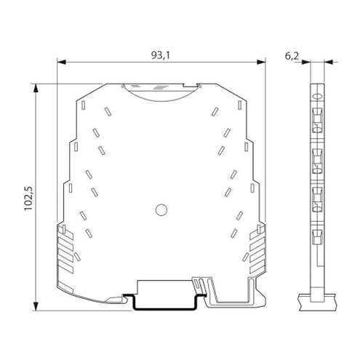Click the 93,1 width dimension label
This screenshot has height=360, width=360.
tap(161, 55)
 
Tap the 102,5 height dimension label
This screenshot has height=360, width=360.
tap(28, 199)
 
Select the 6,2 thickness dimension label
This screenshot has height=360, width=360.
tap(292, 56)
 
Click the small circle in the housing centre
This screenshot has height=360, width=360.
tap(161, 209)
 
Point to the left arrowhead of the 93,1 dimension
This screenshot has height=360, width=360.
tap(61, 63)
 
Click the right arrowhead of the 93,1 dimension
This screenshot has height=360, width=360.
tap(261, 63)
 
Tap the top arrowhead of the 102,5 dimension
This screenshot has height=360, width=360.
tap(36, 88)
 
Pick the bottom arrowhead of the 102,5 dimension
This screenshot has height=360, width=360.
tap(36, 306)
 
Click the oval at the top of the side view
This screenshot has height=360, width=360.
tap(317, 97)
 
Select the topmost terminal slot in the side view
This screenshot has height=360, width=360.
tap(317, 120)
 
